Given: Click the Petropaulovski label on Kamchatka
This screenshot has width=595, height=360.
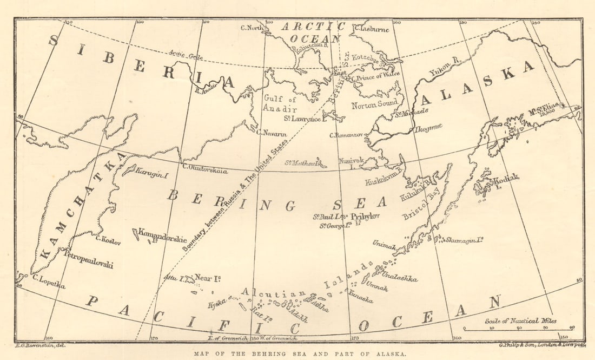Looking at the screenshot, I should point(89,259).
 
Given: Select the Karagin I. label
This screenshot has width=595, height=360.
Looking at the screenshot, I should point(154,175).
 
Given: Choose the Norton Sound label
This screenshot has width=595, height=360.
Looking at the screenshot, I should point(375,103).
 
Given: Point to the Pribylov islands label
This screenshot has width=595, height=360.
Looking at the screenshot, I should point(366,216).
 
